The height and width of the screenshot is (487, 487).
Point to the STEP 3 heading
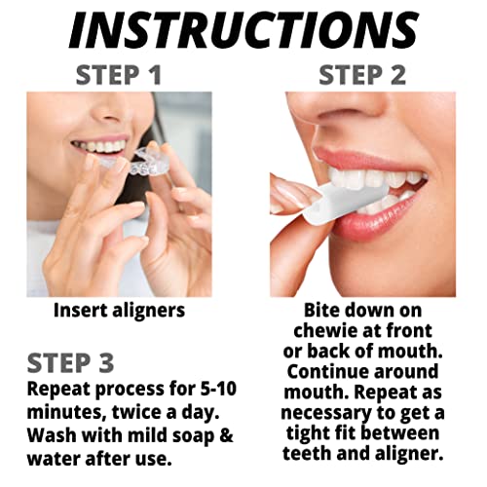[70, 363]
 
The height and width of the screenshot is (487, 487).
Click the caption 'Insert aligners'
[120, 311]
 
